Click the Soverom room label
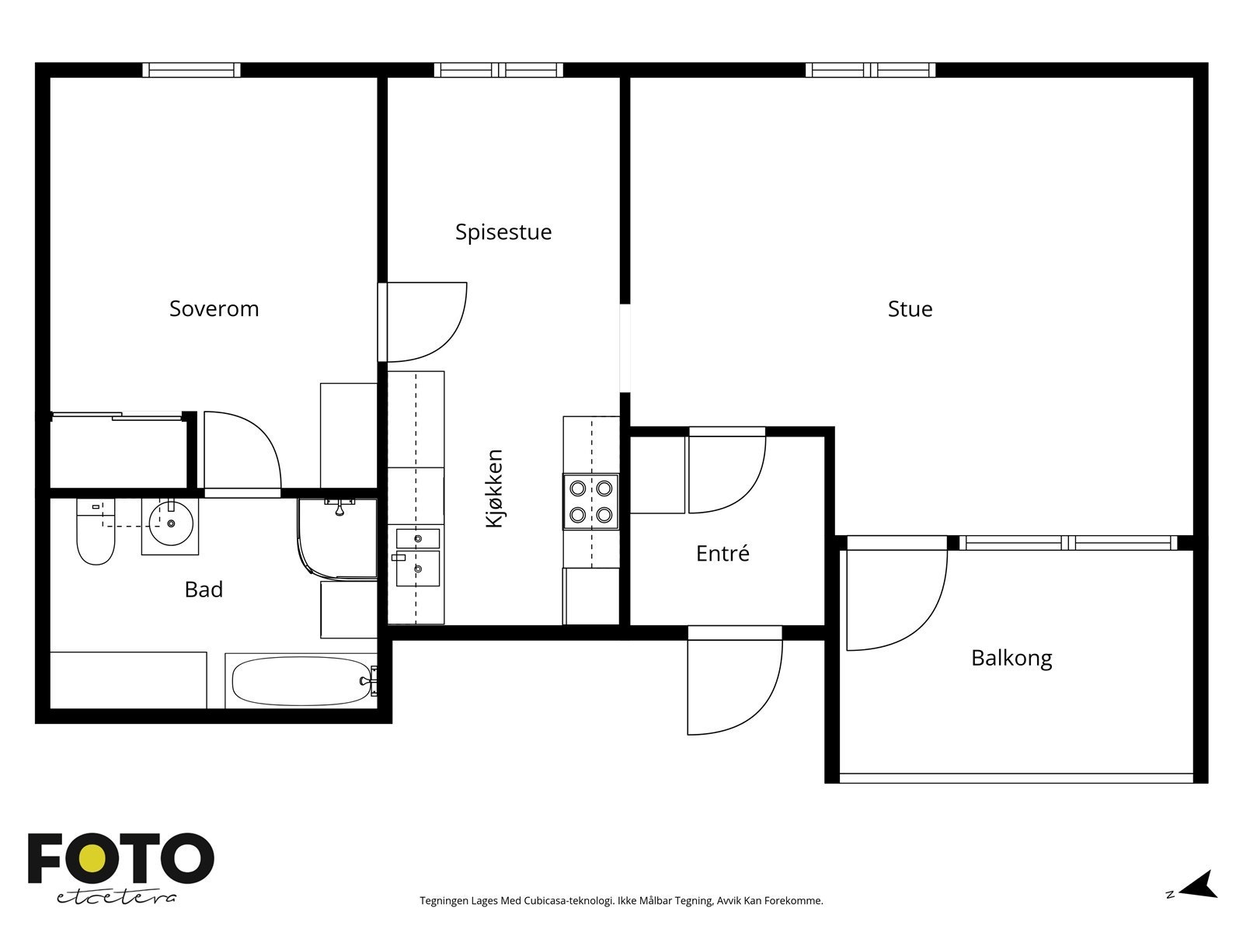click(214, 309)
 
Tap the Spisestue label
click(503, 232)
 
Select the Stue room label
click(910, 309)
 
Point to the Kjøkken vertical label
click(494, 489)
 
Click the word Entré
click(722, 553)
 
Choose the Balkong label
click(1011, 658)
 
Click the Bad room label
click(204, 589)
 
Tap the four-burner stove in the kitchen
click(590, 502)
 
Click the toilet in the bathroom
click(96, 531)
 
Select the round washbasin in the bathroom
click(170, 523)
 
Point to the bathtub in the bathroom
click(301, 681)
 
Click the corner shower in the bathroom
click(338, 539)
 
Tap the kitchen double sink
click(418, 558)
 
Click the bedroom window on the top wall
click(191, 70)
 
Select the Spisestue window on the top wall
click(498, 70)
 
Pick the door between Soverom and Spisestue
click(423, 322)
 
